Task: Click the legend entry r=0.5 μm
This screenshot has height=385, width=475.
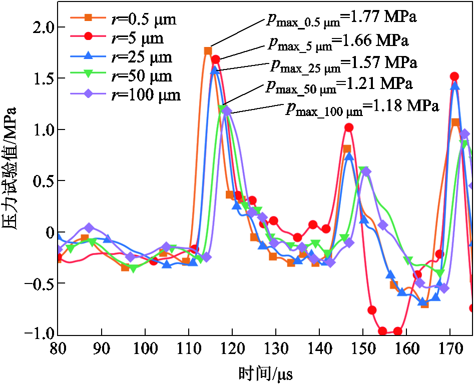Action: point(123,19)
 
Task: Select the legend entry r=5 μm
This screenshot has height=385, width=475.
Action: point(117,38)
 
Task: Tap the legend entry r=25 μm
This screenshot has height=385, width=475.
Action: point(121,57)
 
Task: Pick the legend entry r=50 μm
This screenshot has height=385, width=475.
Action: point(121,75)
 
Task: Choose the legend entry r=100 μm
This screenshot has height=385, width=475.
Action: point(126,94)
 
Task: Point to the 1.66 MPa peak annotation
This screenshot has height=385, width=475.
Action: point(338,41)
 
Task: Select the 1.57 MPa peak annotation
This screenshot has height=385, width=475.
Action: point(344,63)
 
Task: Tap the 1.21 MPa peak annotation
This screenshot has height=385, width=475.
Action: point(339,84)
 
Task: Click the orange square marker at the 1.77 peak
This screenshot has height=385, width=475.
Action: point(208,51)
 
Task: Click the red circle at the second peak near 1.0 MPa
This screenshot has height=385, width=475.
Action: point(349,127)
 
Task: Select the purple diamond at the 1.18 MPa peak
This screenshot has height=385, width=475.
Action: point(227,111)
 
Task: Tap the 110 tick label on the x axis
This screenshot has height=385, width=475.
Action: point(189,348)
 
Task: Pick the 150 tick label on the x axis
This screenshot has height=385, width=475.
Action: point(363,348)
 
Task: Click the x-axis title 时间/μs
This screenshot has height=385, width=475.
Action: point(266,373)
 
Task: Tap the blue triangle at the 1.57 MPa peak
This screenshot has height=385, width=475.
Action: point(215,70)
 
